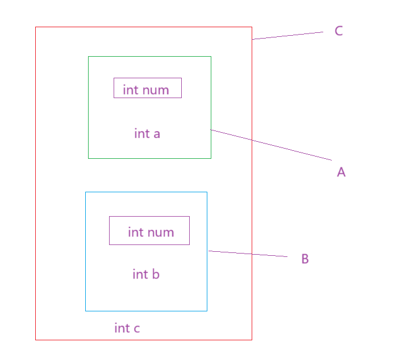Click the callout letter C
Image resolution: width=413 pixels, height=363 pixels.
coord(339,31)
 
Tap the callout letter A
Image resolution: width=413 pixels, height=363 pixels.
coord(341,172)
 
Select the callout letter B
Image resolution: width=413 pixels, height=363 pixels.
coord(305,259)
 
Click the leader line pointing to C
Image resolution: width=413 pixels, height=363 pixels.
coord(287,36)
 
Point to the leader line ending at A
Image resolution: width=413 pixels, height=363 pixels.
coord(272,145)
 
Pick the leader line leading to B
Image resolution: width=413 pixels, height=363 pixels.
coord(248,254)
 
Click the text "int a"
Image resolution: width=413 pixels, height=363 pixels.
coord(147,134)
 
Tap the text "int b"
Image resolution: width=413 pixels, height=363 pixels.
coord(146,275)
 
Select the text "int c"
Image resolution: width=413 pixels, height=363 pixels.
coord(127,328)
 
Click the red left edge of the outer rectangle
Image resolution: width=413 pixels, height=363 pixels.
coord(36,181)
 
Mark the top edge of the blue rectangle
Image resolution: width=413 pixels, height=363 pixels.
coord(146,192)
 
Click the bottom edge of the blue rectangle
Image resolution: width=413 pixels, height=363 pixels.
coord(146,311)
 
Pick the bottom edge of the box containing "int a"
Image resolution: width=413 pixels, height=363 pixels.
coord(149,158)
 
